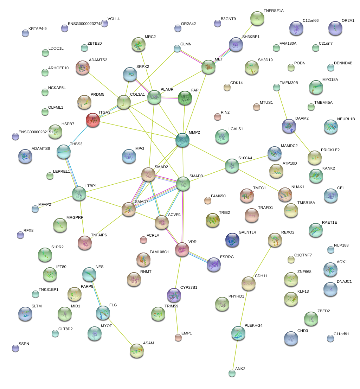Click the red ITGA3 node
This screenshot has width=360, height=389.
click(93, 120)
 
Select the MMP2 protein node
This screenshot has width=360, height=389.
click(182, 140)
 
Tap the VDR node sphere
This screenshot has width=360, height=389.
click(182, 249)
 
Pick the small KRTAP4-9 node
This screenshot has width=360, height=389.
click(25, 33)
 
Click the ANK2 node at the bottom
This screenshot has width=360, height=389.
click(232, 373)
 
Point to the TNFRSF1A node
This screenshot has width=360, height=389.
click(257, 18)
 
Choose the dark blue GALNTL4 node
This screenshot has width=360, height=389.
click(232, 240)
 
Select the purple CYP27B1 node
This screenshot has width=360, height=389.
click(174, 295)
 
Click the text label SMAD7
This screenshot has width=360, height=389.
click(141, 202)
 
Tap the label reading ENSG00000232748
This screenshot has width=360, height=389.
click(85, 24)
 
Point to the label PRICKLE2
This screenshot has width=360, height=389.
click(330, 150)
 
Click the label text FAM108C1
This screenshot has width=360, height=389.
click(159, 252)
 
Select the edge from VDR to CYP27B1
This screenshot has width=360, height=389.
click(178, 272)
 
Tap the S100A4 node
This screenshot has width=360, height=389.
click(232, 166)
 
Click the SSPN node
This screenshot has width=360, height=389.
click(15, 348)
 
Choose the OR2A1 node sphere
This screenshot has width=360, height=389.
click(335, 28)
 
